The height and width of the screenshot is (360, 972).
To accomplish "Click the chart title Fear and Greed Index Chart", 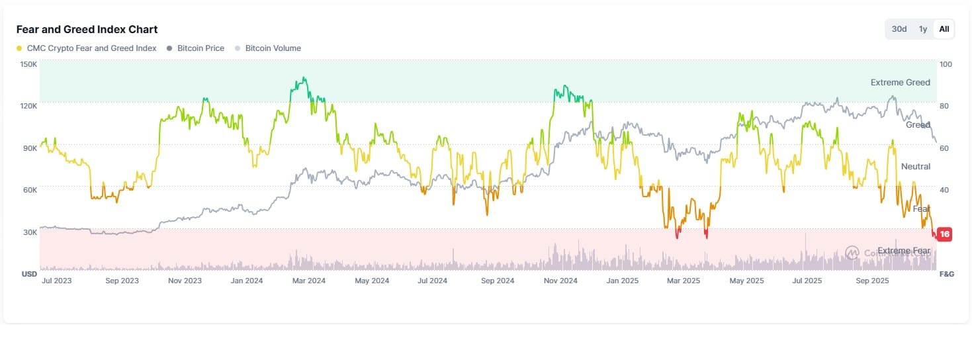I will pos(87,29).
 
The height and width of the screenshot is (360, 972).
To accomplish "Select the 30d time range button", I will pos(899,29).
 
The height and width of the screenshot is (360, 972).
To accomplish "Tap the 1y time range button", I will pos(922,29).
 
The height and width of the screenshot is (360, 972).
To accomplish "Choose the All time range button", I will pos(944,29).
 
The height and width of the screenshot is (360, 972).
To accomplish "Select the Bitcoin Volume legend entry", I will pos(273,48).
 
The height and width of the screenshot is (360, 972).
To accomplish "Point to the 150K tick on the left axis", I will pos(28,64).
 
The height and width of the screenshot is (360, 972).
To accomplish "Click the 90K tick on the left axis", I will pos(30,148).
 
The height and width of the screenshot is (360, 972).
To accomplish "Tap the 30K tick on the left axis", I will pos(30,232).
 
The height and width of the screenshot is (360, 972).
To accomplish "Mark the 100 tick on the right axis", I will pos(946,64).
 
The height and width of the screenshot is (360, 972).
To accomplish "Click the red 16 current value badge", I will pos(945,234).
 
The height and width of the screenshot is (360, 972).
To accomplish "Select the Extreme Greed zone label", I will pos(900,83).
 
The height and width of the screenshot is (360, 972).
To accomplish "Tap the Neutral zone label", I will pos(916,167).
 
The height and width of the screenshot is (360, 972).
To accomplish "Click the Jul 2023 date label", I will pos(56,281).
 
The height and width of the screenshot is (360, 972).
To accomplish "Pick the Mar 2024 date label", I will pos(308,281).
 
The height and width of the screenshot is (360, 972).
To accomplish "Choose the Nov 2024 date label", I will pos(560,281).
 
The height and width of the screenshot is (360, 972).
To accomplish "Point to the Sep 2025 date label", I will pos(873,281).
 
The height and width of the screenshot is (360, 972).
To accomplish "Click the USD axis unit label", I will pos(29,274).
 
